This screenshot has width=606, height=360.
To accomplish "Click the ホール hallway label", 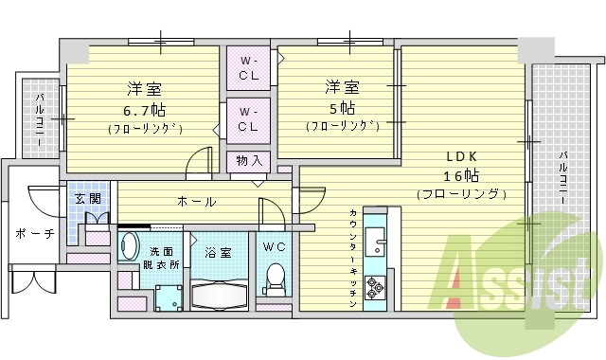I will tap(196, 201).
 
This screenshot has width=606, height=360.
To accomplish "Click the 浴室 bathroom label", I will tap(218, 253).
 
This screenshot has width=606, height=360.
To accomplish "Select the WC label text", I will tap(274, 247).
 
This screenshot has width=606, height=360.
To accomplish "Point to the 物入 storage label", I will tap(250, 160).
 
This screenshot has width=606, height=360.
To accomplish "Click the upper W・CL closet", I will tap(248, 68).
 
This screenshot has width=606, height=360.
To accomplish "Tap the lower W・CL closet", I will tap(248, 119).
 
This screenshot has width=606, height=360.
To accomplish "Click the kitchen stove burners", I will tap(374, 285).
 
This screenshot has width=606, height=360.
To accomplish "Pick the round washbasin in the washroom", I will tap(131, 243).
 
